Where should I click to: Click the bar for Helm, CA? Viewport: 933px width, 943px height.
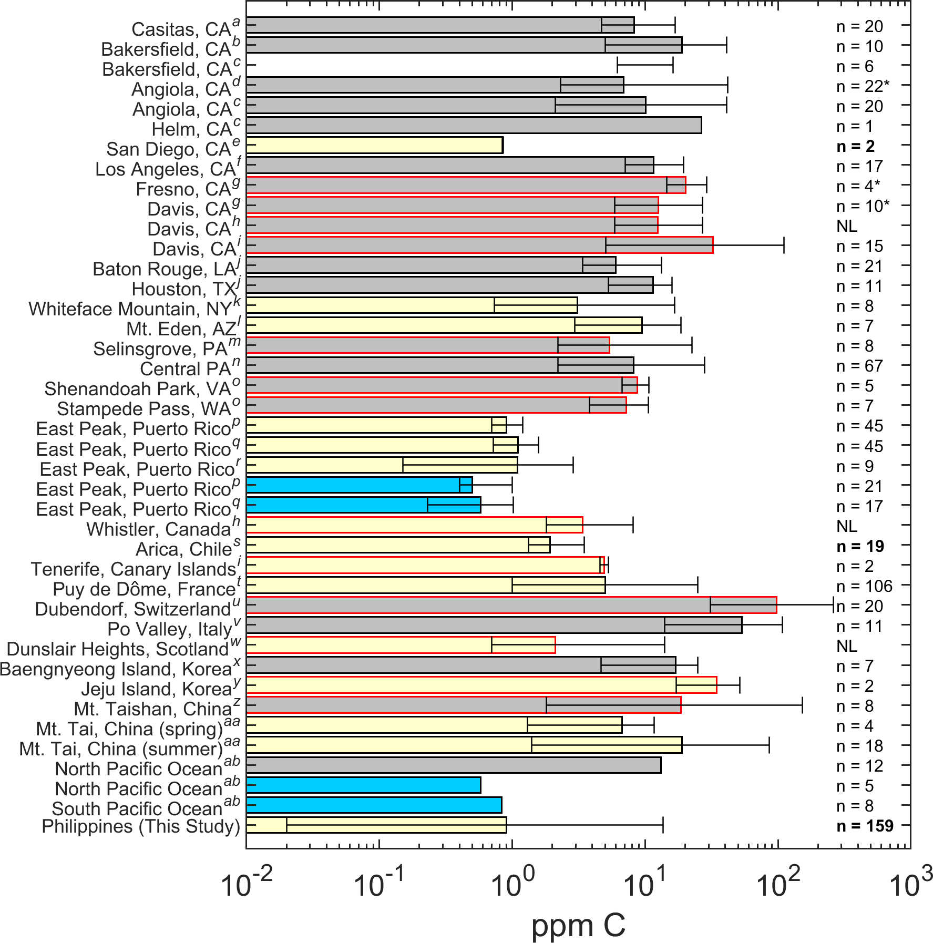[x=473, y=125]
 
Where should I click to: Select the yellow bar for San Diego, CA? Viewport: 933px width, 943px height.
[x=374, y=145]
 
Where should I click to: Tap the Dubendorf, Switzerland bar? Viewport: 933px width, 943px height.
[x=511, y=605]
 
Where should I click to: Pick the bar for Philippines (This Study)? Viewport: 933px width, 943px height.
[x=376, y=825]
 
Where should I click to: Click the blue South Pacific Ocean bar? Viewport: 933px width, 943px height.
[x=374, y=805]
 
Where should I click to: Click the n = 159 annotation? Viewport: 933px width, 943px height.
[x=865, y=826]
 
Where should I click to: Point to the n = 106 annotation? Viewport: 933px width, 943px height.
[x=864, y=586]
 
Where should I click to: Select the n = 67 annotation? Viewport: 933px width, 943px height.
[x=859, y=366]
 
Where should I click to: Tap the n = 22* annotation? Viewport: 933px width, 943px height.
[x=863, y=86]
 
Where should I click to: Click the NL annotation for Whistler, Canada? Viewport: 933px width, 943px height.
[x=846, y=526]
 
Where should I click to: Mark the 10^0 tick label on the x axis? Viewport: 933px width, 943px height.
[x=512, y=885]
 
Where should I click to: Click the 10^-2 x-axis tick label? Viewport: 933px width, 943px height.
[x=247, y=885]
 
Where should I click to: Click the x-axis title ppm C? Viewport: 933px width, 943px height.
[x=578, y=925]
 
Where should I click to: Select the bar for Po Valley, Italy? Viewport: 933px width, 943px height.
[x=494, y=625]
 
